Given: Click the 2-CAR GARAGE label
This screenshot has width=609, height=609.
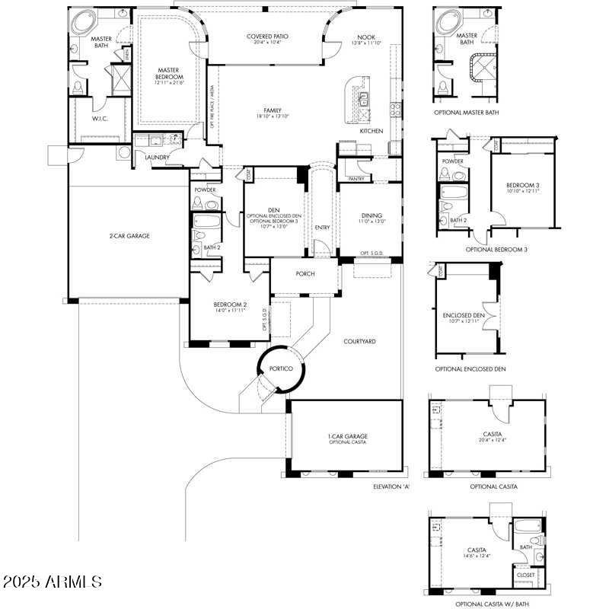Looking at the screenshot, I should tap(129, 236).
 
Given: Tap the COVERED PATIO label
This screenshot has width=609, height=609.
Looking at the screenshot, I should tap(267, 37).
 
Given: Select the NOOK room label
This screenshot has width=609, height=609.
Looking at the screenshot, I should tap(365, 37).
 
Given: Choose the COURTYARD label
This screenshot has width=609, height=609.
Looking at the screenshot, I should tap(359, 342).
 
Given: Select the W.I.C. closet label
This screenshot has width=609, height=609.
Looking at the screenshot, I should tap(102, 118).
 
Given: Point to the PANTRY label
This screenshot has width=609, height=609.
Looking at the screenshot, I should tap(356, 179).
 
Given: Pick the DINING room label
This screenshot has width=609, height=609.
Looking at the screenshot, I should tap(371, 215).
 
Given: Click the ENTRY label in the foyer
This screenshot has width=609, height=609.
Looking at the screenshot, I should tap(322, 227).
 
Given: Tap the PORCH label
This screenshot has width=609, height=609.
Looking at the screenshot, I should tap(304, 274).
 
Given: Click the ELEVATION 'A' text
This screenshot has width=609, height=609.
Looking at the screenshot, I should tap(391, 486).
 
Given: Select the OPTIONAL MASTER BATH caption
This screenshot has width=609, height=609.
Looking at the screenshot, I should tap(467, 112).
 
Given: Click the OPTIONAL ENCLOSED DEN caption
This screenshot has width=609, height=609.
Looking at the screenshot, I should tap(470, 368).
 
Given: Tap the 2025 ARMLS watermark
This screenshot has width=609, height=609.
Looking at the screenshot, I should tap(52, 582).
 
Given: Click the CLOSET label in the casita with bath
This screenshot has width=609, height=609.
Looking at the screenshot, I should tap(525, 575).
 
